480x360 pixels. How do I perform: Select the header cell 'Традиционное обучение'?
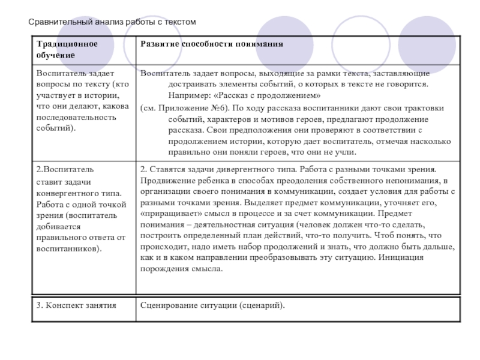pos(66,50)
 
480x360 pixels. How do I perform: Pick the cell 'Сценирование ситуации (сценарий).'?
pos(212,306)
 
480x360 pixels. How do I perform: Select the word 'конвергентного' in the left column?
pos(66,193)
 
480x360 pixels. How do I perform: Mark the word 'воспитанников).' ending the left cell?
pos(68,248)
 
